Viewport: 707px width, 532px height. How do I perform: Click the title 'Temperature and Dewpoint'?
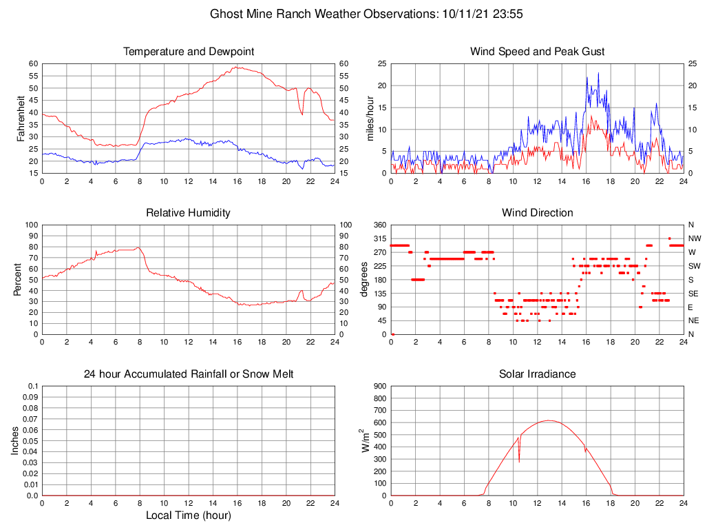[x=188, y=52]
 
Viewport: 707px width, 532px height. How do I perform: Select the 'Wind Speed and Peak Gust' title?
[x=537, y=52]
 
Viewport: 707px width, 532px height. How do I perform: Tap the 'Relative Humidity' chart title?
[x=188, y=213]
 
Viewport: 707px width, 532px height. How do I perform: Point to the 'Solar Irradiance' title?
[x=537, y=374]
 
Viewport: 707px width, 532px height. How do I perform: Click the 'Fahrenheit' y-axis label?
[x=21, y=118]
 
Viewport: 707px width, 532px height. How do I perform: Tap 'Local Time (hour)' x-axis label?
[x=188, y=515]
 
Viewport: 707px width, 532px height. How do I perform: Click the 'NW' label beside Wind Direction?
[x=694, y=238]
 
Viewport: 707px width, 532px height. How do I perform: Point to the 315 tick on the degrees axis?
[x=379, y=238]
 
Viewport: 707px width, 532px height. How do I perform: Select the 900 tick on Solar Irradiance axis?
[x=379, y=387]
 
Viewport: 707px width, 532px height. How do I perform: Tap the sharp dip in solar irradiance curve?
[x=519, y=461]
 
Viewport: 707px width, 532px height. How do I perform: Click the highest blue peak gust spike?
[x=598, y=73]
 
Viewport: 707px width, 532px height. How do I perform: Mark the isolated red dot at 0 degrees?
[x=392, y=334]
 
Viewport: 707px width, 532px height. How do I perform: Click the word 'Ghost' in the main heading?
[x=226, y=14]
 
